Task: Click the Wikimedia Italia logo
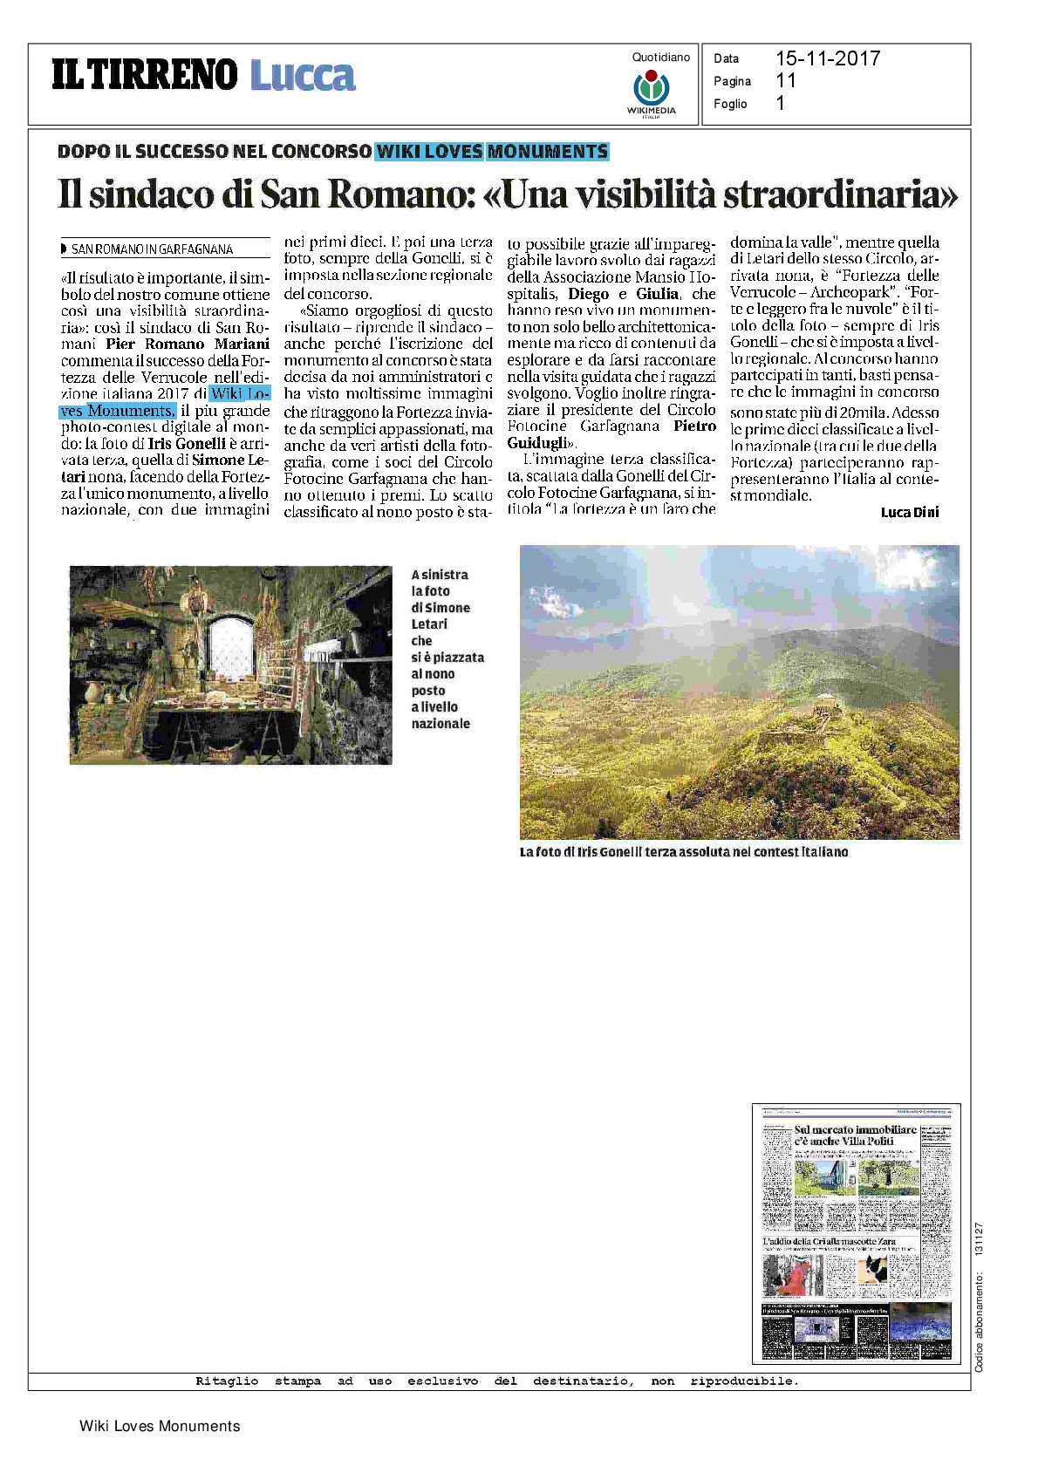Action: tap(651, 92)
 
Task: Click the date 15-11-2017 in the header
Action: tap(827, 58)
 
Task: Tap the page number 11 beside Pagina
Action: tap(785, 80)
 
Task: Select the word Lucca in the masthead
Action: tap(303, 76)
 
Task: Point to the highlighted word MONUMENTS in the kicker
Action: tap(548, 151)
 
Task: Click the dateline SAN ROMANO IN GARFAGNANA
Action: tap(152, 249)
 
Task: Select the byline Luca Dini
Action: tap(910, 512)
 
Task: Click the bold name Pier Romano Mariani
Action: tap(188, 344)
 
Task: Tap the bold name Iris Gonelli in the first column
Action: tap(187, 443)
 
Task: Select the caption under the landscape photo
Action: tap(683, 851)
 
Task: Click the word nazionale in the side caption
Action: tap(441, 723)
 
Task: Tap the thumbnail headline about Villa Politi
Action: tap(855, 1135)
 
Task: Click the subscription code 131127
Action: tap(980, 1238)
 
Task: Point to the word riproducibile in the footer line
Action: tap(742, 1381)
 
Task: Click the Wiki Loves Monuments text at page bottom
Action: tap(160, 1426)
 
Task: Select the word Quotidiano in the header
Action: tap(661, 58)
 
